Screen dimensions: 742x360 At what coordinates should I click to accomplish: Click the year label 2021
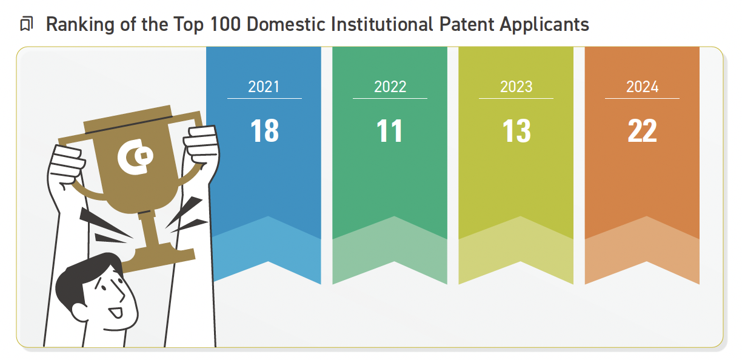click(264, 87)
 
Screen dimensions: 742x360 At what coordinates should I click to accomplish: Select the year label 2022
click(390, 87)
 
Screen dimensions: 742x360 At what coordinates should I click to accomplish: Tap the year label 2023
click(516, 87)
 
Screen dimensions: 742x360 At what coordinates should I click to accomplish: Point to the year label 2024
click(642, 87)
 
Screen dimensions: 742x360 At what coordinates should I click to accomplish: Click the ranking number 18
click(264, 131)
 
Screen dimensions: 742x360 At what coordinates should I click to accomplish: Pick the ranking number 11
click(390, 131)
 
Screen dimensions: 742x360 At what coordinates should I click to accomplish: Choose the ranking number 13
click(516, 131)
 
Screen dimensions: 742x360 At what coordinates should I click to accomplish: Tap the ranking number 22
click(642, 131)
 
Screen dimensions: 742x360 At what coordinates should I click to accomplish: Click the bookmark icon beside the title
click(27, 24)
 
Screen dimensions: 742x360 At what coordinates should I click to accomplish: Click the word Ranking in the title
click(80, 25)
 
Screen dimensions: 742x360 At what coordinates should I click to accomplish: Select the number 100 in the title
click(226, 24)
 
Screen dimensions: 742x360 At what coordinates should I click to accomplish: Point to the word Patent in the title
click(466, 24)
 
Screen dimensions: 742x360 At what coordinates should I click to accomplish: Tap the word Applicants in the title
click(544, 25)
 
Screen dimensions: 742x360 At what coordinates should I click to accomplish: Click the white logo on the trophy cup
click(135, 157)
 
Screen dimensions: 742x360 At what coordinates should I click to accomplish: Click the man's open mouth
click(116, 312)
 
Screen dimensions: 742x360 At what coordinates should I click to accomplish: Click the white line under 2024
click(642, 98)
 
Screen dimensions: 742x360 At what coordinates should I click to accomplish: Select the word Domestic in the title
click(286, 24)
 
